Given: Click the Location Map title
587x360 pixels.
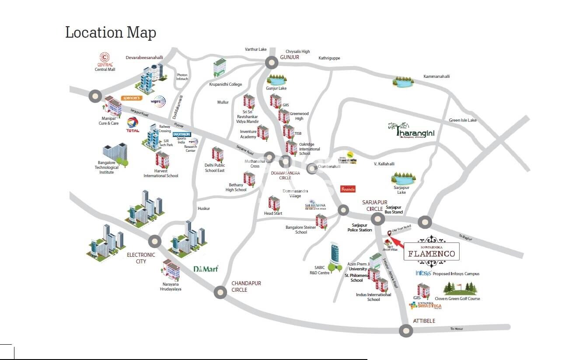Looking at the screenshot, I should pos(110,32).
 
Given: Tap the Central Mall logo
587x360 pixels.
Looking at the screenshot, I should pos(105,59).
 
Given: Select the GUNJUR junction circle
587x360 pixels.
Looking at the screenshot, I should pos(272,63).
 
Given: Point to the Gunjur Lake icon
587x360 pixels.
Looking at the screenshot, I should pos(276,80).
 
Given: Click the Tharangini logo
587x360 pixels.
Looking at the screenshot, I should pos(411,129).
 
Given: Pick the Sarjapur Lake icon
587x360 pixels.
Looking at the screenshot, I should pos(403,178).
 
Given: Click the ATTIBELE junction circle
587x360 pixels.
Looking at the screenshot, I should pos(406,331).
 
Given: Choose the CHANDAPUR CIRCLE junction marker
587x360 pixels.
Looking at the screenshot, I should pos(220,292).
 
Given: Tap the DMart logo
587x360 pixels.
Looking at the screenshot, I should pos(206,269).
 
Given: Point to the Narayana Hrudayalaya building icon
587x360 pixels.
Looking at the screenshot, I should pos(171,269).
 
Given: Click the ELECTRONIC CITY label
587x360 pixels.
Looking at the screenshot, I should pos(141,258).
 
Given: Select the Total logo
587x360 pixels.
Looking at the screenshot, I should pos(133,125).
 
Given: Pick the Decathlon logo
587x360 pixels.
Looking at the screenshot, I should pos(182,134).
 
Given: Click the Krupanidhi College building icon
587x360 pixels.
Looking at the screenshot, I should pos(220,68).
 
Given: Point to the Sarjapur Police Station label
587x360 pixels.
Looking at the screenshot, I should pos(360,227).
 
